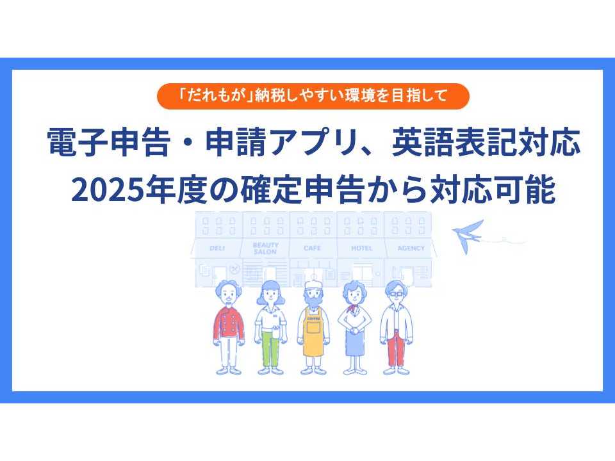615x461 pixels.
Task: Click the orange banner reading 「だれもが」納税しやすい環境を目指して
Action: click(x=313, y=97)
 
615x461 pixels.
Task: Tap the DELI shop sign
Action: click(x=217, y=248)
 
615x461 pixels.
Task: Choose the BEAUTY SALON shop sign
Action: click(x=265, y=248)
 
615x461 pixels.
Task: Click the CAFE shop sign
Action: click(x=313, y=248)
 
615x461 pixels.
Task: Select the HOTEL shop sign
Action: click(x=361, y=248)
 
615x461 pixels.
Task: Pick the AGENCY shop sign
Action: click(x=410, y=248)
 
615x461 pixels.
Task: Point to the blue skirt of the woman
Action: click(x=354, y=343)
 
